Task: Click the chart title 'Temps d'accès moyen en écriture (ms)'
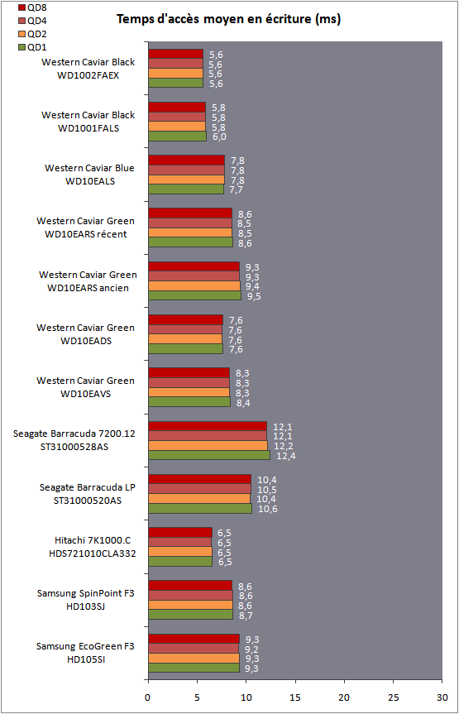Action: (x=228, y=19)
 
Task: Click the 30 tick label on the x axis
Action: (x=442, y=697)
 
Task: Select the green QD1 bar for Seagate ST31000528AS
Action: (x=209, y=455)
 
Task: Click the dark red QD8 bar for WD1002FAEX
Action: (x=176, y=54)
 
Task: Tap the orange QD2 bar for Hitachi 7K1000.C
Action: (x=180, y=552)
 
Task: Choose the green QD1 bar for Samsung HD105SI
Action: (x=194, y=668)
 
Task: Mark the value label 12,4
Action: (x=284, y=456)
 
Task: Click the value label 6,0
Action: (x=220, y=137)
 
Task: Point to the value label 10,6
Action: (x=268, y=509)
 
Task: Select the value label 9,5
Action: (x=254, y=296)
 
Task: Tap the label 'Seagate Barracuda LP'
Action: (x=88, y=487)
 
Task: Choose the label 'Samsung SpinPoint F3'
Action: (x=86, y=594)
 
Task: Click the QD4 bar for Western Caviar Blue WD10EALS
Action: (x=187, y=170)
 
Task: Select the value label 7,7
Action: (x=237, y=190)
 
